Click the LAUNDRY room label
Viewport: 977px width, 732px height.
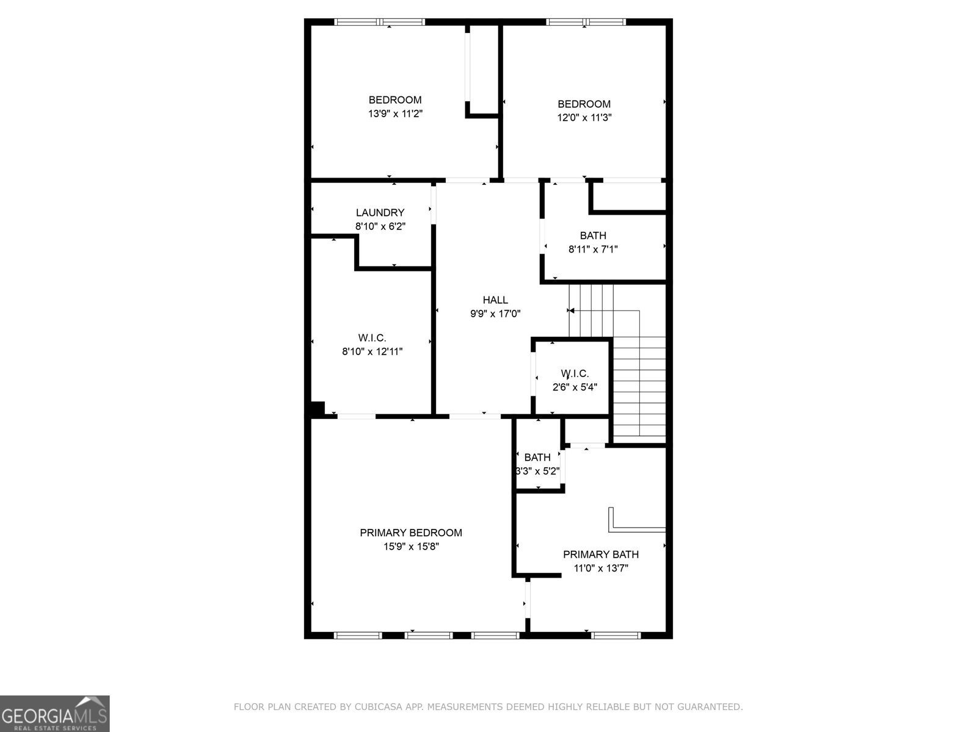pyautogui.click(x=380, y=212)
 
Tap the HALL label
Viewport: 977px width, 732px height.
pyautogui.click(x=495, y=300)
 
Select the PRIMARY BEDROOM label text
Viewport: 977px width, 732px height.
pyautogui.click(x=411, y=533)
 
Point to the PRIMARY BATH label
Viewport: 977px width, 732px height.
pyautogui.click(x=600, y=554)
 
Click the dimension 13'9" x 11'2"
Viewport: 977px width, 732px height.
pyautogui.click(x=395, y=113)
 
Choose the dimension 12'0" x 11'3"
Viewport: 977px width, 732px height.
pyautogui.click(x=584, y=117)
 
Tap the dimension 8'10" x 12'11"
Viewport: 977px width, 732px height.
pyautogui.click(x=372, y=351)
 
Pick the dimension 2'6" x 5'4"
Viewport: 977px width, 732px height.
pyautogui.click(x=575, y=387)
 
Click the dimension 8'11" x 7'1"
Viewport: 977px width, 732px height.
pyautogui.click(x=593, y=249)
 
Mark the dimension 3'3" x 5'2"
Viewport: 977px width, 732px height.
pyautogui.click(x=538, y=471)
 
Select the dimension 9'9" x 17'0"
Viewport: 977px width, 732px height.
pyautogui.click(x=495, y=314)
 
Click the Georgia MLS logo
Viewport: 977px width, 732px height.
pyautogui.click(x=55, y=714)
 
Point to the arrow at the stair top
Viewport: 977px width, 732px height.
pyautogui.click(x=571, y=310)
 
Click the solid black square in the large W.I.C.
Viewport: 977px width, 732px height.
pyautogui.click(x=318, y=409)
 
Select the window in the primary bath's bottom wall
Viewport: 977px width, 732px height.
pyautogui.click(x=616, y=636)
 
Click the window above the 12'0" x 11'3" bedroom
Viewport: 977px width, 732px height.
pyautogui.click(x=586, y=22)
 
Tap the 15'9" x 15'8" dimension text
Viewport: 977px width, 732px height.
pyautogui.click(x=411, y=546)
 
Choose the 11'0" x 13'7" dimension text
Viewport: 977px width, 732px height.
pyautogui.click(x=600, y=568)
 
